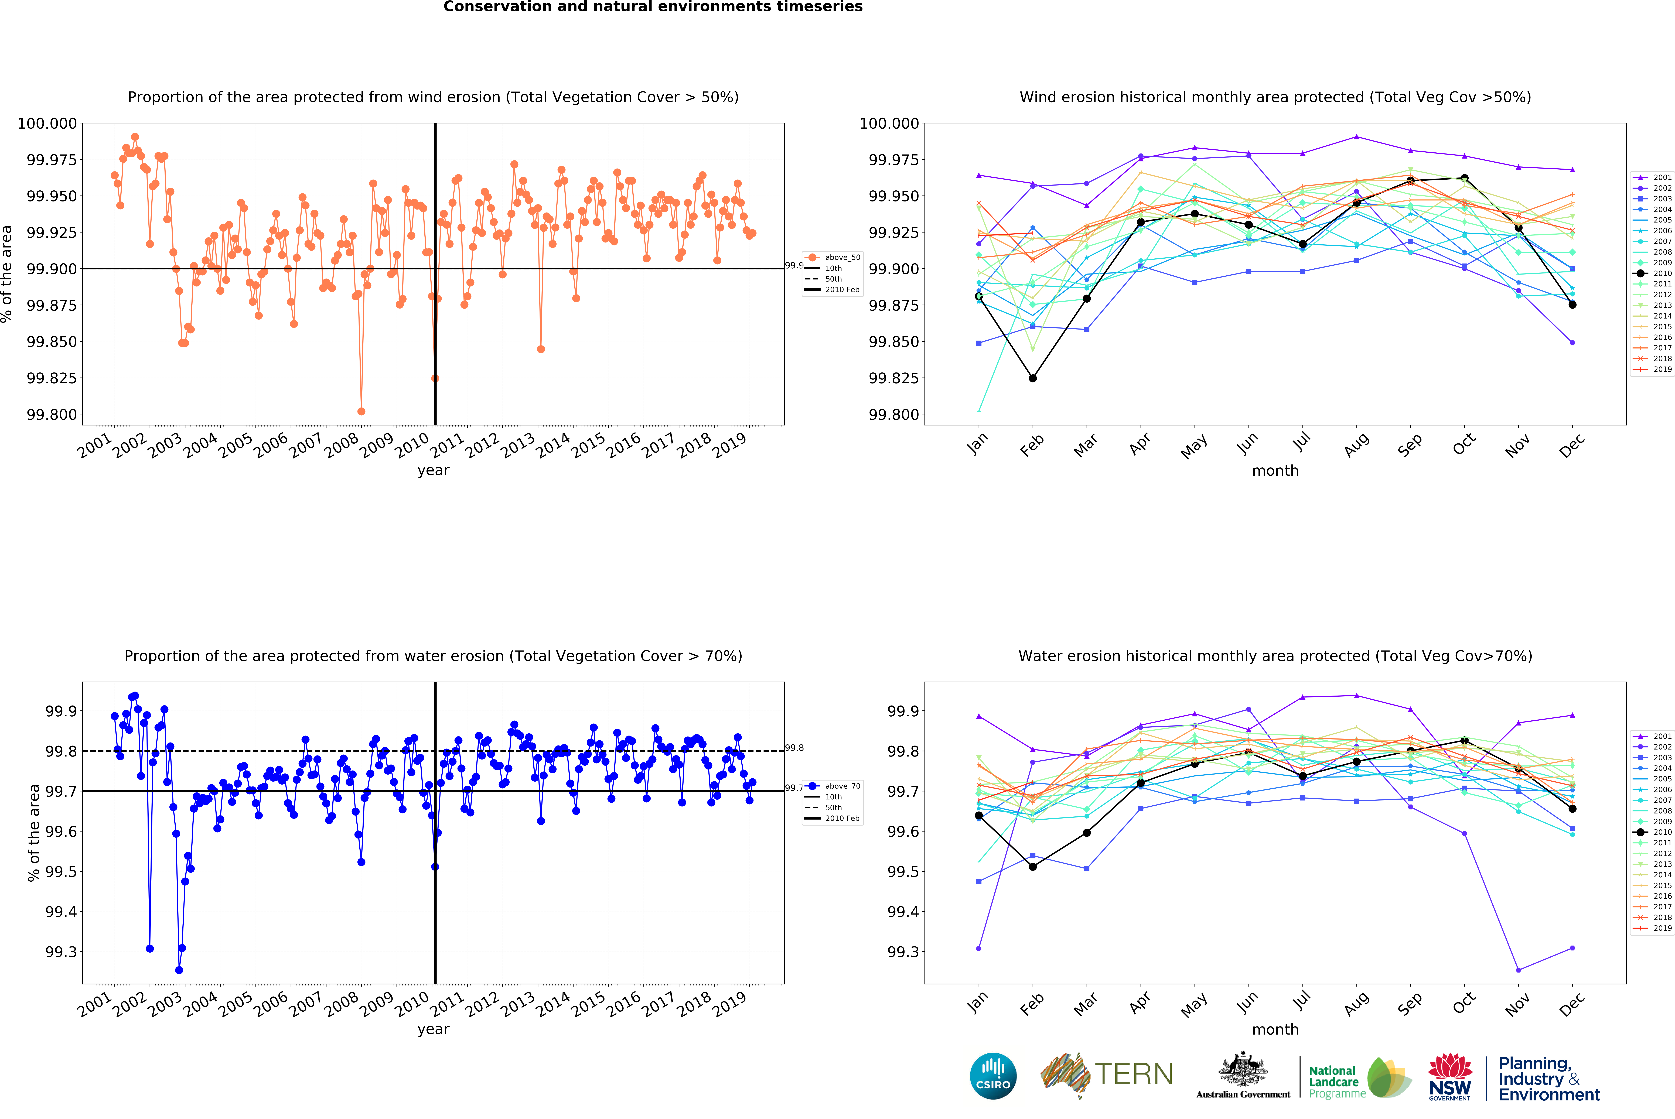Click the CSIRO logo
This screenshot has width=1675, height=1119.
(993, 1076)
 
